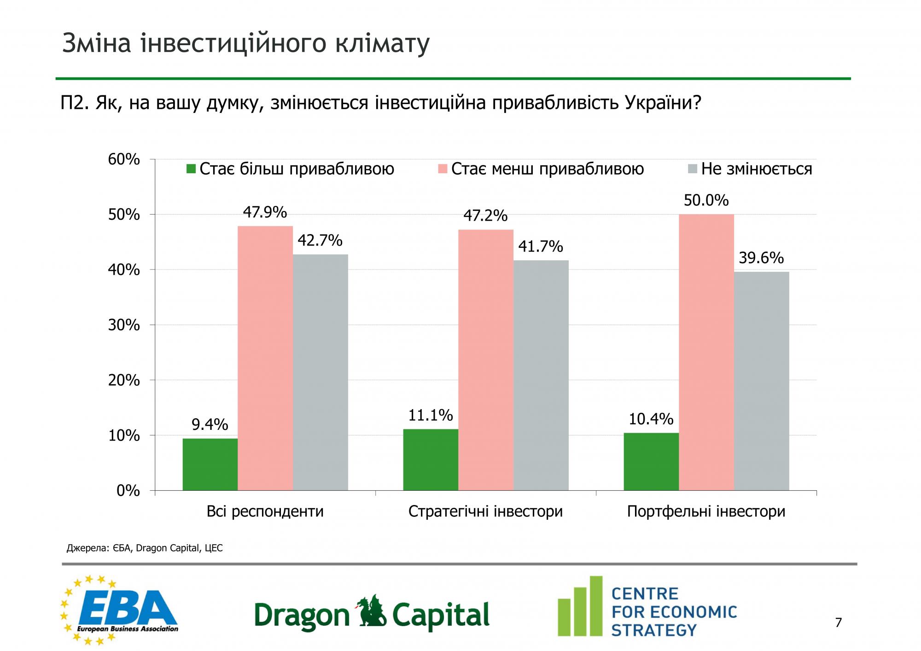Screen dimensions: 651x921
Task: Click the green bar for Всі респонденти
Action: [x=210, y=464]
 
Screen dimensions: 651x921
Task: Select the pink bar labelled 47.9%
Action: [x=265, y=358]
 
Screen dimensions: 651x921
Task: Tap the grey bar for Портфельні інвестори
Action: [x=761, y=381]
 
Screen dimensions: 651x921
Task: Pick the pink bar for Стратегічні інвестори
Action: [x=486, y=359]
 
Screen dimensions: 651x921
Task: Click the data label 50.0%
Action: [x=706, y=200]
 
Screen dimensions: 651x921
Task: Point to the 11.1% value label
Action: [x=431, y=416]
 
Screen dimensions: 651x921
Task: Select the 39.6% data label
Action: [x=761, y=258]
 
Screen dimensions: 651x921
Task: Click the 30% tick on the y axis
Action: [x=124, y=325]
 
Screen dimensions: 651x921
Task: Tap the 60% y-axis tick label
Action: [x=124, y=159]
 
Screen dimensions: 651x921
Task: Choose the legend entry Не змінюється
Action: [x=756, y=169]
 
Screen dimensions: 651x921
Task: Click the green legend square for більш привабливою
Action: [x=191, y=169]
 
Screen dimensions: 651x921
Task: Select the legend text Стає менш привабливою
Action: [x=547, y=169]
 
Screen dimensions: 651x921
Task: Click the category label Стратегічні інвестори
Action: [x=485, y=511]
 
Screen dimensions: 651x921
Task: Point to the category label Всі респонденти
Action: [x=265, y=511]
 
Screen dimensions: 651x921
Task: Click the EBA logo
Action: [x=120, y=610]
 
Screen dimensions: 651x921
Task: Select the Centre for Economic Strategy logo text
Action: [x=674, y=612]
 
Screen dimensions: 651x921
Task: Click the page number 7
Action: [x=838, y=623]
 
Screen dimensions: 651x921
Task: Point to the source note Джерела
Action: [x=145, y=548]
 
